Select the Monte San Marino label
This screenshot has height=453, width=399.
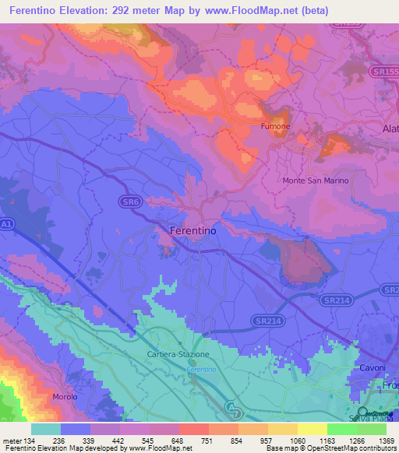(x=315, y=181)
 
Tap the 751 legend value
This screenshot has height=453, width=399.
(x=208, y=440)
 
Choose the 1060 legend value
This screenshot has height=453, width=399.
(x=297, y=440)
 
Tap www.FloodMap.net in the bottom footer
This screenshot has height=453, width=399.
(x=159, y=448)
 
